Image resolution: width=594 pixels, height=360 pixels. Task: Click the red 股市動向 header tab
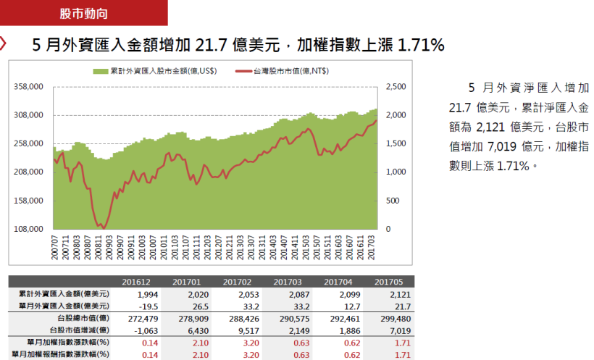coord(86,13)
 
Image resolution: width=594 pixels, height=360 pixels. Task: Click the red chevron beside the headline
coord(4,43)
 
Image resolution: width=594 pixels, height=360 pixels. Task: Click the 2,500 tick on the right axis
coord(397,86)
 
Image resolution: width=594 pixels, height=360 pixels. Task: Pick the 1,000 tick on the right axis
coord(397,172)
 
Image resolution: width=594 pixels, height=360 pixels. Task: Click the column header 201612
coord(136,282)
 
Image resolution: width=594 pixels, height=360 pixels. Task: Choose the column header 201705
coord(388,282)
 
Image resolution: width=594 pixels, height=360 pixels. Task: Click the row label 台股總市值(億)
coord(83,317)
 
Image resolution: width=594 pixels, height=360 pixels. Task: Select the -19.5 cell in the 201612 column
coord(147,306)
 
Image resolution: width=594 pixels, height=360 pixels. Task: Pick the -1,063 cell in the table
coord(144,330)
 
